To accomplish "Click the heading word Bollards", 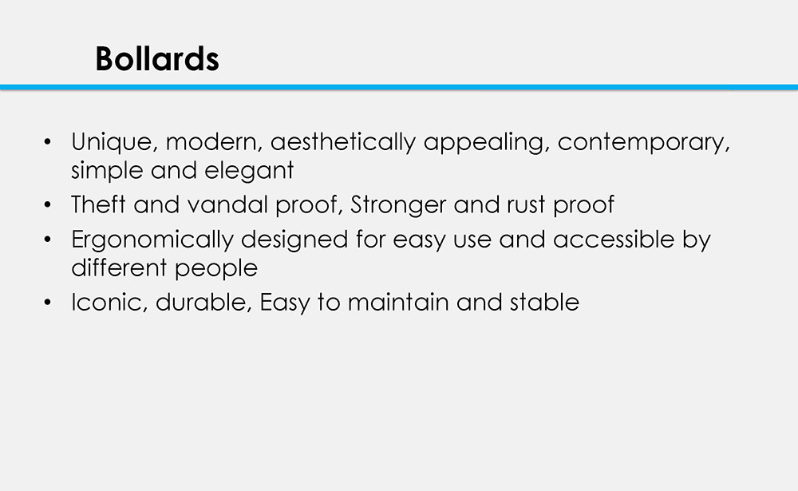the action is click(x=156, y=58).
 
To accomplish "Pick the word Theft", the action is click(x=98, y=204).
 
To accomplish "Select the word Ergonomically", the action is click(x=152, y=240).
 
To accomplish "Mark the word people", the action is click(x=216, y=269).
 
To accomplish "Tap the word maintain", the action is click(x=398, y=303).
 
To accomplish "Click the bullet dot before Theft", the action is click(x=48, y=204).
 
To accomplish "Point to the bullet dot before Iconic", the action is click(x=48, y=303).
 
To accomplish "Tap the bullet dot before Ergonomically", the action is click(x=48, y=240).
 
